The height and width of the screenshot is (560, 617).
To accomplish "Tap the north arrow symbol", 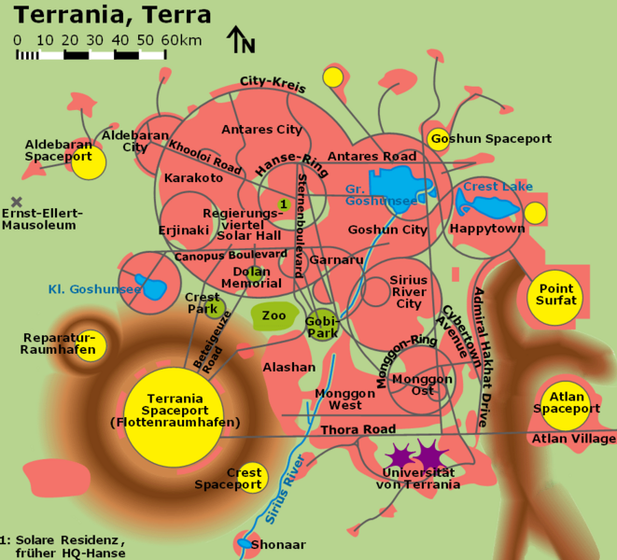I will (x=240, y=40).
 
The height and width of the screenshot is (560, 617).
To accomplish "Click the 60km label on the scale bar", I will (x=181, y=40).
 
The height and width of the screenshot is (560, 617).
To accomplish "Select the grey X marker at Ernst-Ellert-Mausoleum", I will (x=16, y=201).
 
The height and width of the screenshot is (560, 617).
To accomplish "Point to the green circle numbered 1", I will (x=283, y=203).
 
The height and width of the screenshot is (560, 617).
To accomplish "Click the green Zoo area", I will (x=273, y=315).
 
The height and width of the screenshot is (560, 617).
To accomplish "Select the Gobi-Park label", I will (x=322, y=327).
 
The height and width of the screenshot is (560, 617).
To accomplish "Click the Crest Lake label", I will (x=498, y=187).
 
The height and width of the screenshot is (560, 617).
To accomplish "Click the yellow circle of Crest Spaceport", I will (x=250, y=478).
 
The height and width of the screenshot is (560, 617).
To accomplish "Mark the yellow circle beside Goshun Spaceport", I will (x=438, y=140).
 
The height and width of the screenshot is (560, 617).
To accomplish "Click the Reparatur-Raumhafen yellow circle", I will (x=93, y=346).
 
